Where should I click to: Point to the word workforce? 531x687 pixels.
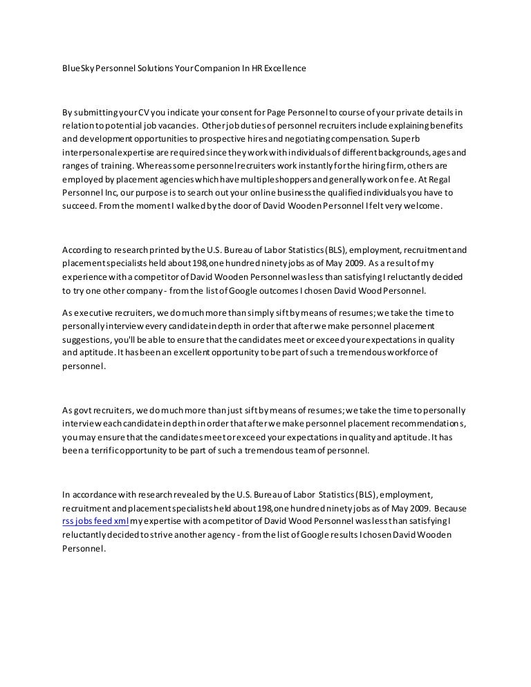[391, 353]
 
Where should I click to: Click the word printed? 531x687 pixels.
[145, 250]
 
